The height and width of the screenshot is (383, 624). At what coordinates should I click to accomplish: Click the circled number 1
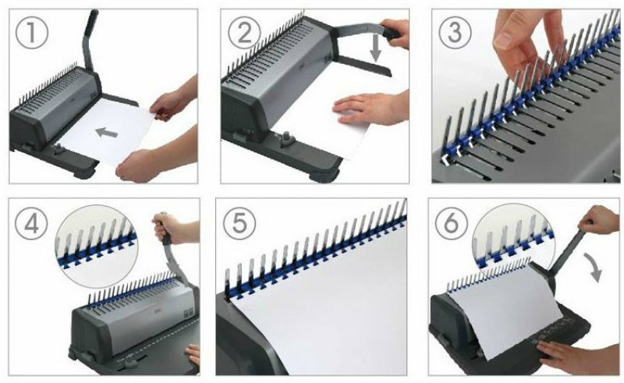[32, 33]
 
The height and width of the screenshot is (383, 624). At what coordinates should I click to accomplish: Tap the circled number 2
[244, 33]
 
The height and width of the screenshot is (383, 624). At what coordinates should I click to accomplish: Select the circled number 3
[455, 33]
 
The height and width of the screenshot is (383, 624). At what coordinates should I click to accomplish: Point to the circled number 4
[31, 223]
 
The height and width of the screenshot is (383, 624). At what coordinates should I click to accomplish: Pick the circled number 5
[239, 223]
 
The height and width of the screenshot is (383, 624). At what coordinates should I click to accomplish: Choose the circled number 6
[452, 223]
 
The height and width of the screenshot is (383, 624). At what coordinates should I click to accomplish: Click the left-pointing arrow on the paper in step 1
[107, 133]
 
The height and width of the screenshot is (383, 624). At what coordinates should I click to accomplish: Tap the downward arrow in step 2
[375, 50]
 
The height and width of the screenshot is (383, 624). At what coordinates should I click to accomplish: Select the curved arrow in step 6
[595, 268]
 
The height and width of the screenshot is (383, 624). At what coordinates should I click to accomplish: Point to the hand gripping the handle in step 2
[395, 32]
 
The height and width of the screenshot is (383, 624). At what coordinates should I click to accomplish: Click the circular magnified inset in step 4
[97, 246]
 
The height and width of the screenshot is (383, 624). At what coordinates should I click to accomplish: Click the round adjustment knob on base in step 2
[287, 140]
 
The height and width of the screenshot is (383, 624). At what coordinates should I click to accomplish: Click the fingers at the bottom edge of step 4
[193, 353]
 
